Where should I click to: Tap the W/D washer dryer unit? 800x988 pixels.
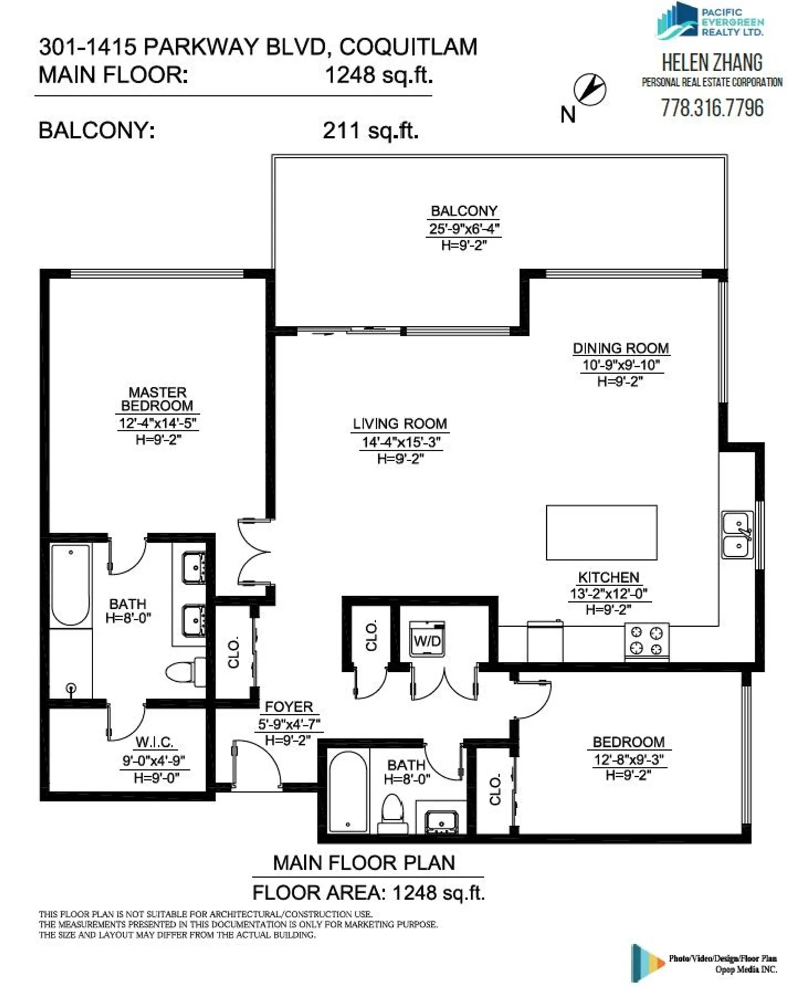pos(427,640)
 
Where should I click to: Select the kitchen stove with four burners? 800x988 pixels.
pos(647,640)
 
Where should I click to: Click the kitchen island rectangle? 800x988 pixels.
pos(601,532)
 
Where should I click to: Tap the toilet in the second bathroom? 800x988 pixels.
pos(392,813)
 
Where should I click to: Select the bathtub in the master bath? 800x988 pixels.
pos(70,584)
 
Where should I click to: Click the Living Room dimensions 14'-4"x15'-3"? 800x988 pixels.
pos(401,442)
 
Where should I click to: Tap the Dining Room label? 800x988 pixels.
pos(621,348)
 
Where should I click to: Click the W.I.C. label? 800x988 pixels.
pos(155,743)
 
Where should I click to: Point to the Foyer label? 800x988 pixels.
pos(289,706)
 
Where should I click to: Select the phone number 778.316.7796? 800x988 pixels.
pos(712,108)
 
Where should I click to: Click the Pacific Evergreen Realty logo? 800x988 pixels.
pos(710,21)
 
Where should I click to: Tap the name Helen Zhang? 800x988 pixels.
pos(712,63)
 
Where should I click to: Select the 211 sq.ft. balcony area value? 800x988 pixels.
pos(370,131)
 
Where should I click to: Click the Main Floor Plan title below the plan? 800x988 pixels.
pos(364,863)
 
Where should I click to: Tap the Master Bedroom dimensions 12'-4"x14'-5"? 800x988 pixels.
pos(157,423)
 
